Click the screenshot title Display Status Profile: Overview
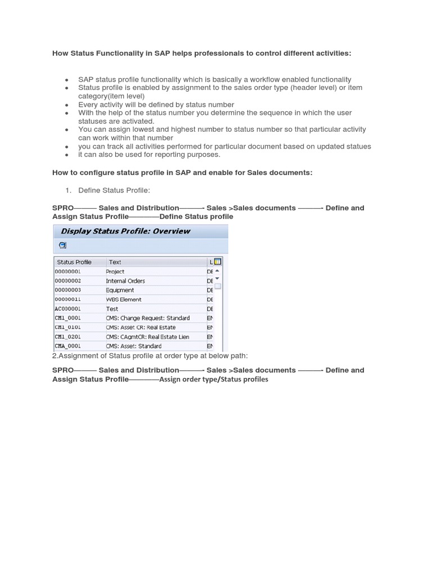pos(125,231)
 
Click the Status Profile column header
pos(74,262)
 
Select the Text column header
pos(115,262)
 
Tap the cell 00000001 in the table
pos(67,272)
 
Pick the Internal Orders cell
pos(125,281)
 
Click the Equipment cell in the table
pos(120,290)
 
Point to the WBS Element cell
pos(124,300)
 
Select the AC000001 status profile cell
pos(67,309)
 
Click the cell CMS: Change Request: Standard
pos(148,318)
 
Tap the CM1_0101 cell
pos(67,327)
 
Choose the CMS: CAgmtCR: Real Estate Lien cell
pos(147,337)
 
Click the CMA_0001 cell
pos(67,346)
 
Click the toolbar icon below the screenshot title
pos(62,245)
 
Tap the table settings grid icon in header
pos(218,262)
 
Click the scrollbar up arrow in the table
pos(218,271)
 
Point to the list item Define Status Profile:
pos(114,191)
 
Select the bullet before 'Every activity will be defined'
pos(67,105)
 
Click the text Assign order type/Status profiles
pos(214,380)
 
